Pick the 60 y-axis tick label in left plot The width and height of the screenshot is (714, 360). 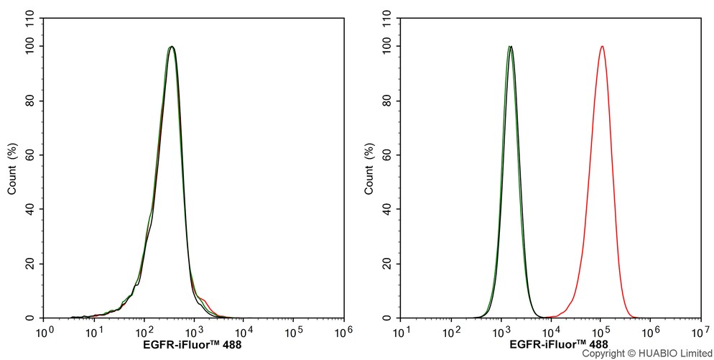pyautogui.click(x=31, y=155)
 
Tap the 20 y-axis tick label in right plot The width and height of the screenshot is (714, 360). pyautogui.click(x=388, y=264)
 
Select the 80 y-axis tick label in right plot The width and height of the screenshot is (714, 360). pyautogui.click(x=388, y=101)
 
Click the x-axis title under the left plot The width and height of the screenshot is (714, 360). pyautogui.click(x=193, y=345)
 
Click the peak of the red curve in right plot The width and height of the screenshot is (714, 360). pyautogui.click(x=601, y=47)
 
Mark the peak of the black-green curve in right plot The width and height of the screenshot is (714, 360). pyautogui.click(x=509, y=47)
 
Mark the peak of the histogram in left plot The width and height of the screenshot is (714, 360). pyautogui.click(x=171, y=47)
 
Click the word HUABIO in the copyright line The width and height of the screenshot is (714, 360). pyautogui.click(x=654, y=354)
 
